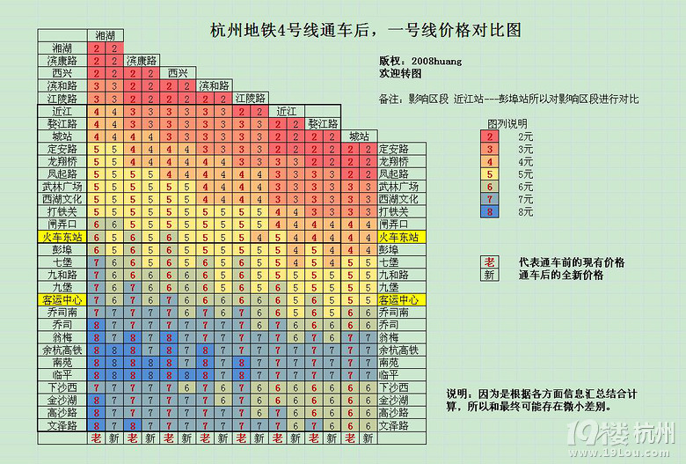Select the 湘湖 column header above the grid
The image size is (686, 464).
(x=105, y=35)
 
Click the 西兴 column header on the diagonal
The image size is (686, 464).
(x=178, y=73)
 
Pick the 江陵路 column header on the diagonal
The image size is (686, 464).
(x=250, y=98)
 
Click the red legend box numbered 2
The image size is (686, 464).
(x=490, y=136)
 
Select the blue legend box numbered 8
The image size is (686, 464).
(x=490, y=211)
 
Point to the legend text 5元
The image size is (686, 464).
(x=526, y=174)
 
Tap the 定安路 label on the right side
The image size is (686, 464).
(x=393, y=150)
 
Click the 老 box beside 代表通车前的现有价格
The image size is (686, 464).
(x=490, y=262)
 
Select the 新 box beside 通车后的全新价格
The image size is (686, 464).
(x=490, y=275)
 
